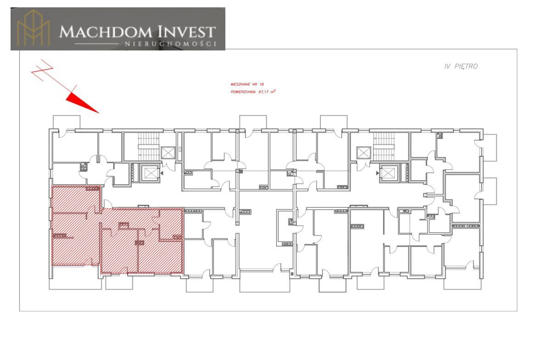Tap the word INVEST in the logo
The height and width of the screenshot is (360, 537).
click(187, 32)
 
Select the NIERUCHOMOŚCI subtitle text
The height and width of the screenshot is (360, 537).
click(171, 44)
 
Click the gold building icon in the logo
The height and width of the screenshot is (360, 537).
click(34, 28)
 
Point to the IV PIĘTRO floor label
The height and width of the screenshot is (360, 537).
click(461, 66)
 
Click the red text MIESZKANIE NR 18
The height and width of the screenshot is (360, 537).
click(247, 84)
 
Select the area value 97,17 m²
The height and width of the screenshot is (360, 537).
click(267, 92)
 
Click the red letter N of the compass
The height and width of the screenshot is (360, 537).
click(42, 70)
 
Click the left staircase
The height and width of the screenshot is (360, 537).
click(149, 146)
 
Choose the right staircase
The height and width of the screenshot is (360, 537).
click(384, 146)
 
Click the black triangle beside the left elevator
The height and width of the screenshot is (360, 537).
click(162, 173)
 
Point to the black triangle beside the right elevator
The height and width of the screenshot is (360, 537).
click(378, 173)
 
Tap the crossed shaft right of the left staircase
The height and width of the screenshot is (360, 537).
click(168, 153)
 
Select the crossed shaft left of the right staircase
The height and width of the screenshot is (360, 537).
click(364, 153)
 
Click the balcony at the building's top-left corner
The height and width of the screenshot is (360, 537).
click(67, 122)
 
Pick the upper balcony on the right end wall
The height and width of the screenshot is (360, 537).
click(489, 148)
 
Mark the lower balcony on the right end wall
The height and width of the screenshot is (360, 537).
click(489, 191)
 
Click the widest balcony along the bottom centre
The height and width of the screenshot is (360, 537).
click(265, 281)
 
